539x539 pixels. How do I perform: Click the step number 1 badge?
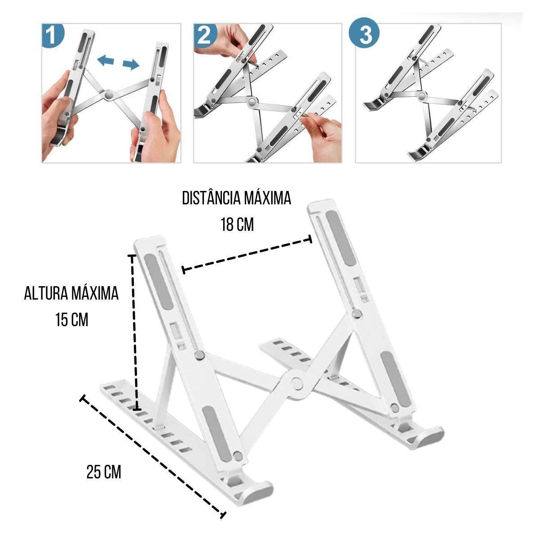[x=53, y=35]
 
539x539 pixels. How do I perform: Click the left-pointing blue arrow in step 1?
[x=106, y=60]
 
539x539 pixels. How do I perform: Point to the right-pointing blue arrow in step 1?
[x=131, y=65]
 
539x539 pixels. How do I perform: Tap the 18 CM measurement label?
[x=237, y=225]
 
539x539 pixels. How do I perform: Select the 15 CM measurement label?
[x=72, y=320]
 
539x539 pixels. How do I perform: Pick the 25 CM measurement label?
[x=104, y=472]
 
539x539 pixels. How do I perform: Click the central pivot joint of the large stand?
[x=296, y=383]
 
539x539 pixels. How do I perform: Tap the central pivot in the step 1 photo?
[x=108, y=95]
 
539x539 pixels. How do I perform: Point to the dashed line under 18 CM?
[x=247, y=254]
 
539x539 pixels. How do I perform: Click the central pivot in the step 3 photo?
[x=421, y=97]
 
